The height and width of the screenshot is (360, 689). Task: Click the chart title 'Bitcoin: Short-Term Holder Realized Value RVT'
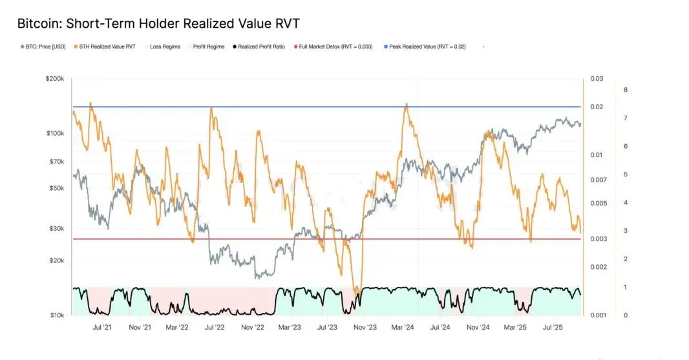[x=158, y=24]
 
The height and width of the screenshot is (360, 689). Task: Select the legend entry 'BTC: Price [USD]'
[x=45, y=47]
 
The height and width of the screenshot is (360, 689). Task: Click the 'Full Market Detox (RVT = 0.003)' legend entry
[x=335, y=47]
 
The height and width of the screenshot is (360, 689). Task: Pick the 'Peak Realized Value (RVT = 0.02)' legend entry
[x=427, y=47]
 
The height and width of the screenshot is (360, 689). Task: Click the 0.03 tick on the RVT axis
[x=596, y=79]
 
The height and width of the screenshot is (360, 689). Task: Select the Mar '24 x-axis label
[x=403, y=328]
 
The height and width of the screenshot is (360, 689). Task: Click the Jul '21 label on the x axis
[x=102, y=328]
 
